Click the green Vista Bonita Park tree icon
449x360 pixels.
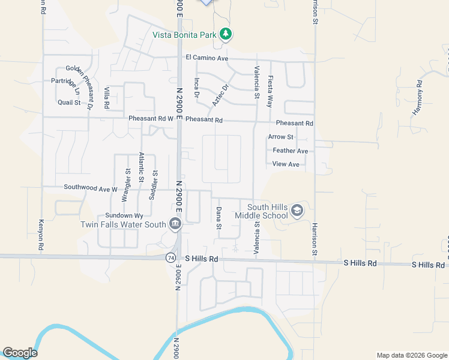[226, 34]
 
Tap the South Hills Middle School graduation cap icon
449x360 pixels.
[297, 211]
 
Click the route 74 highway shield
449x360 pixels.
[171, 257]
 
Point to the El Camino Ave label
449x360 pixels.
[207, 58]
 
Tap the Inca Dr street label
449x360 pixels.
[196, 88]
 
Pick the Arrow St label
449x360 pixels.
[281, 137]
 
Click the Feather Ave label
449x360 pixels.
[290, 151]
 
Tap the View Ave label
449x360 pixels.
[286, 164]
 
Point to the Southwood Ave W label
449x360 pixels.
[91, 188]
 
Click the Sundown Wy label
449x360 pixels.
[124, 215]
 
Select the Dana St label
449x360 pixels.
[219, 218]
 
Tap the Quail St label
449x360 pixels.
[69, 103]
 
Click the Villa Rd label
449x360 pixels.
[107, 97]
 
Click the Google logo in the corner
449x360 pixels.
[20, 353]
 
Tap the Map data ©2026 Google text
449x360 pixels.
[411, 355]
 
